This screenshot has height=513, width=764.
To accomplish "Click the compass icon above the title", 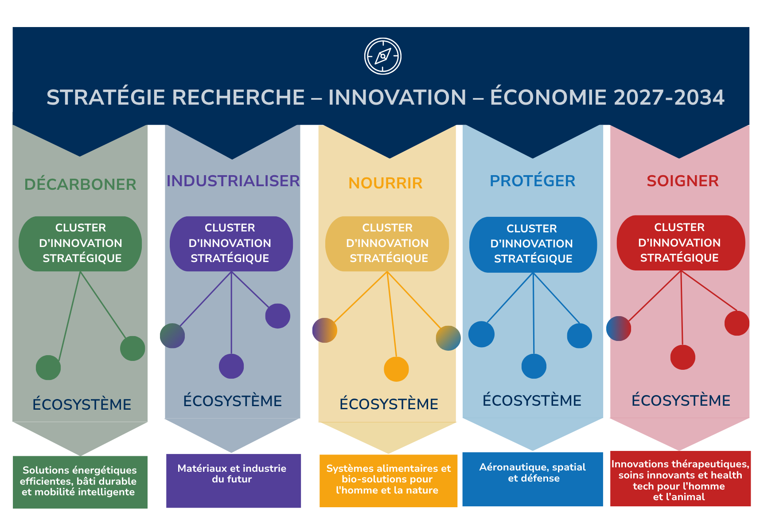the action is (x=383, y=56).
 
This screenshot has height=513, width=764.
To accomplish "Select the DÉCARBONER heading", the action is (x=80, y=184).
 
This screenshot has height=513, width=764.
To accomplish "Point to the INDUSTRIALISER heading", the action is (x=233, y=181).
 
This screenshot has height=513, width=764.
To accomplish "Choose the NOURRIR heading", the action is (x=386, y=183).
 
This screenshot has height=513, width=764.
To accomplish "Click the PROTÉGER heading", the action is (x=533, y=181).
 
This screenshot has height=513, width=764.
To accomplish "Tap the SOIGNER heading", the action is (x=682, y=181).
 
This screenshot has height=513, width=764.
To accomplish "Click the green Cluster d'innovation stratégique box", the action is (x=80, y=243).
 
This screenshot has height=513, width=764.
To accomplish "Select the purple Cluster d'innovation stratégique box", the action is (x=231, y=243).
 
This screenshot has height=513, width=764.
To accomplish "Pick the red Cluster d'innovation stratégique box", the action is (x=681, y=243).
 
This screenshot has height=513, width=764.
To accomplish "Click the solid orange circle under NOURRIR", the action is (x=396, y=369).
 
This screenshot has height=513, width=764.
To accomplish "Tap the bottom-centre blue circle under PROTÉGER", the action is (x=534, y=366).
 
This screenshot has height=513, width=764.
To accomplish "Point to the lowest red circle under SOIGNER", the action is (x=683, y=357).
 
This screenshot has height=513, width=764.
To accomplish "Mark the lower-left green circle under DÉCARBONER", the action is (x=48, y=368).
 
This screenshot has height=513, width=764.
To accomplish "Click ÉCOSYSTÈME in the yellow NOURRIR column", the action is (x=389, y=404).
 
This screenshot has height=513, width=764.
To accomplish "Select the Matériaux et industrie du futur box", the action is (x=234, y=481).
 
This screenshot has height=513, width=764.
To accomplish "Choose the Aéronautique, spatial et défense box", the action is (x=533, y=479).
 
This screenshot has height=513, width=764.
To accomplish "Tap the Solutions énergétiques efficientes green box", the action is (x=80, y=482).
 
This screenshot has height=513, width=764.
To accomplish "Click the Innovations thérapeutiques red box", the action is (x=680, y=478).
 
